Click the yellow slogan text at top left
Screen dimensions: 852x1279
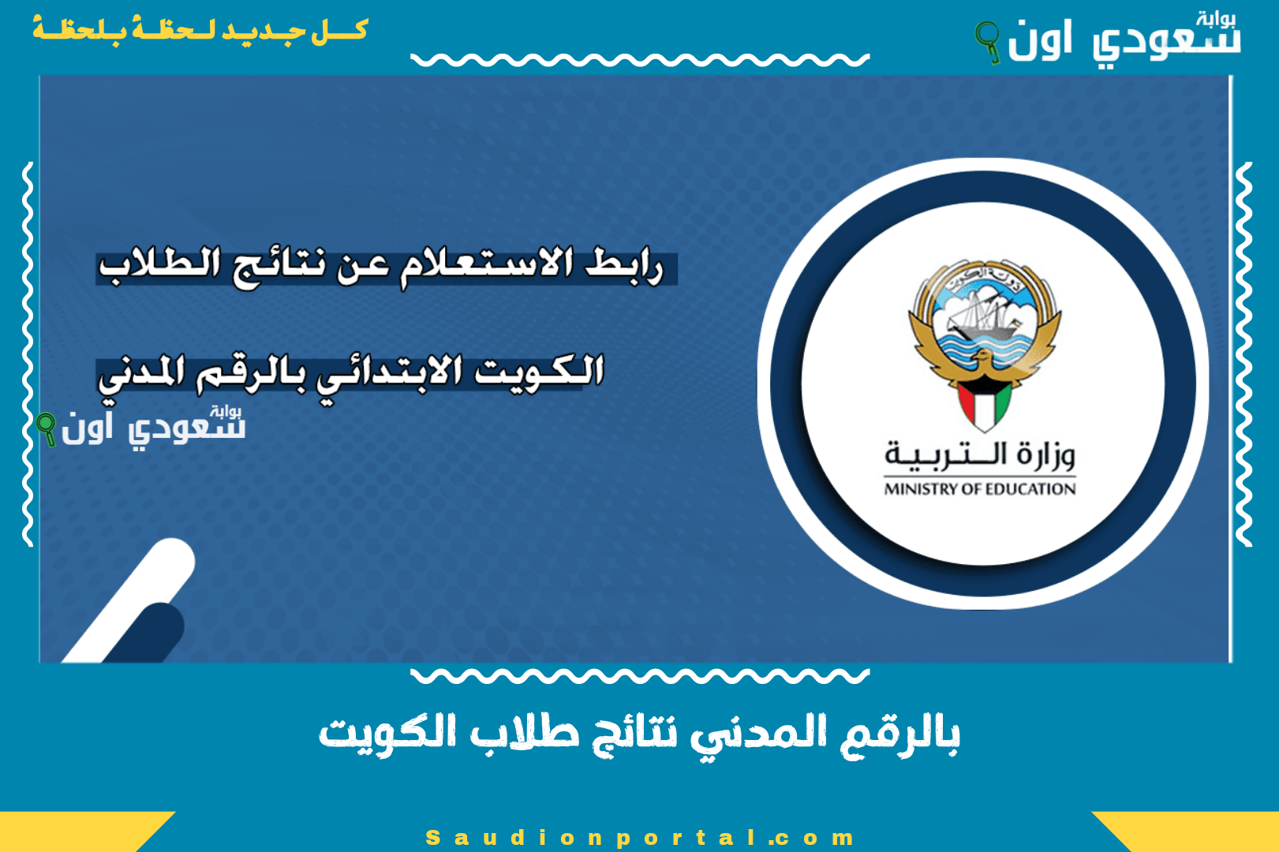(x=200, y=30)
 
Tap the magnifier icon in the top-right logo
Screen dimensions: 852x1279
(x=986, y=39)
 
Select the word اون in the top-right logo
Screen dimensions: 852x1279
(x=1040, y=39)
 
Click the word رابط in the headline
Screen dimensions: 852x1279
(x=623, y=264)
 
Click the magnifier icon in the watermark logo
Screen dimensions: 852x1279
(x=47, y=428)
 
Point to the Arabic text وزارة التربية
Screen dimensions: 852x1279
(x=980, y=454)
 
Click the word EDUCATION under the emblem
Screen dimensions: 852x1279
(x=1030, y=489)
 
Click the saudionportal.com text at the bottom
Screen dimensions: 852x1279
(x=639, y=838)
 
